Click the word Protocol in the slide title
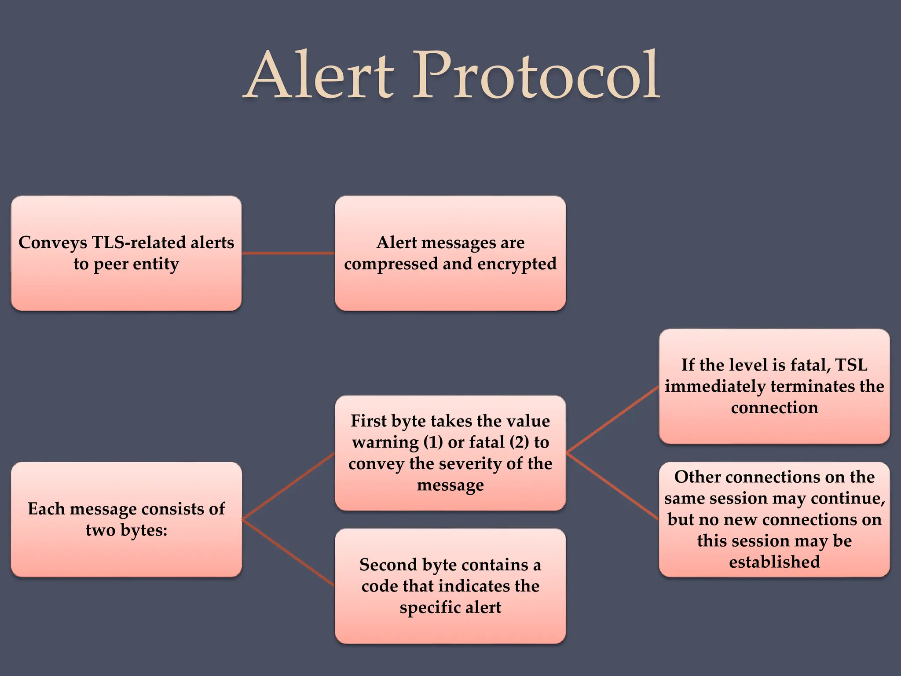click(x=536, y=76)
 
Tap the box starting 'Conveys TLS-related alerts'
click(x=126, y=253)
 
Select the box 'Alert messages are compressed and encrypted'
click(x=450, y=253)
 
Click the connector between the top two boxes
click(x=288, y=253)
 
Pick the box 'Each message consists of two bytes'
click(x=126, y=519)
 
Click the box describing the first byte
click(x=450, y=453)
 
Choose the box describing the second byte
click(x=450, y=586)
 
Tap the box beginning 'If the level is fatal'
click(x=774, y=386)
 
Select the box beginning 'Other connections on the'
click(x=774, y=519)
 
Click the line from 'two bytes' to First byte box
click(x=288, y=486)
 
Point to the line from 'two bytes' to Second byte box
click(x=288, y=553)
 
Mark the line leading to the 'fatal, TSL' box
click(x=612, y=420)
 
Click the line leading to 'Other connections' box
click(x=612, y=486)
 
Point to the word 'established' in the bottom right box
click(x=774, y=562)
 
